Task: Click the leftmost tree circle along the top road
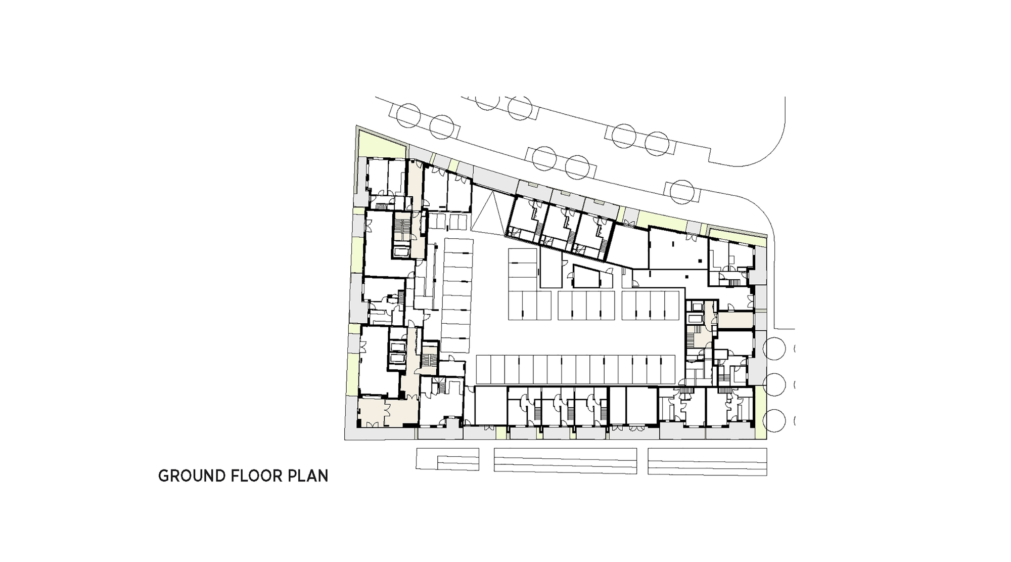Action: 408,116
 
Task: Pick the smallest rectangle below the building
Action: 447,459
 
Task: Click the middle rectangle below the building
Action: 565,460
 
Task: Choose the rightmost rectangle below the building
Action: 707,461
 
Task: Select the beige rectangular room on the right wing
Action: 736,320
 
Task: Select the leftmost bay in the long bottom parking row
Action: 484,369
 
